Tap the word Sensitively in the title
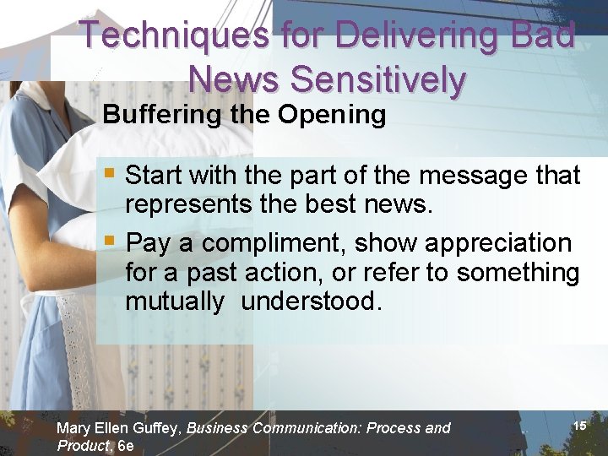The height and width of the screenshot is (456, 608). (x=377, y=79)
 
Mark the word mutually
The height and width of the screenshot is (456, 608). (x=175, y=301)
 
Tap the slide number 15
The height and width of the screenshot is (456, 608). (x=579, y=426)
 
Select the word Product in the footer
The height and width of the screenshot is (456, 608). (x=83, y=445)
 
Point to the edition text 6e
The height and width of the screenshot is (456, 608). (x=125, y=445)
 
